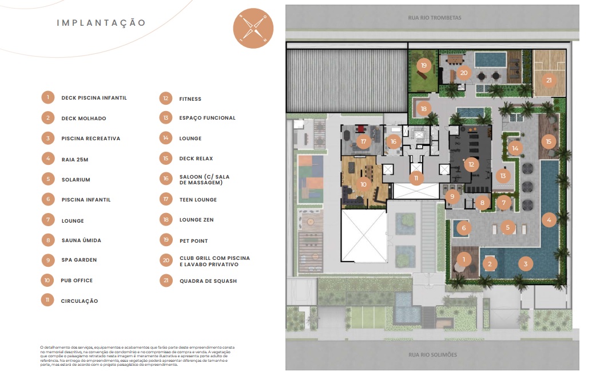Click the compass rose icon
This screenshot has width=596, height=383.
point(253,28)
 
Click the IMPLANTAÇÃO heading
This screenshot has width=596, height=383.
point(101,23)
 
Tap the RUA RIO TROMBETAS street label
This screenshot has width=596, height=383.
point(435,18)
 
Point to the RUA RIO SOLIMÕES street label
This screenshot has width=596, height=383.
point(432,354)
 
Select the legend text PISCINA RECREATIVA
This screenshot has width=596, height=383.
point(91,139)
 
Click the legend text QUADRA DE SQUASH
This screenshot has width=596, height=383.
point(208,281)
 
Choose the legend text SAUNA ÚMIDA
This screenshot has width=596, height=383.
point(81,240)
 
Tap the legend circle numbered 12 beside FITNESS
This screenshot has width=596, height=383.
point(166,98)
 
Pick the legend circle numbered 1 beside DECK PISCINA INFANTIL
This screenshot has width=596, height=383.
point(48,97)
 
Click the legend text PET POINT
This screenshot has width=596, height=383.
point(194,241)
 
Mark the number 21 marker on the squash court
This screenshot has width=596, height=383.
point(549,80)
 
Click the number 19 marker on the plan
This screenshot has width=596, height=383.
point(424,65)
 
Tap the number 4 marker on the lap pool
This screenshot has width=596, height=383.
point(549,219)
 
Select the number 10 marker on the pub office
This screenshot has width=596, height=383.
point(363,184)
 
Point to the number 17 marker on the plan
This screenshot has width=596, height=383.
point(363,141)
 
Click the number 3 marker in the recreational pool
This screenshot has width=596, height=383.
point(526,263)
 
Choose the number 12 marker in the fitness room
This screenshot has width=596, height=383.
point(471,164)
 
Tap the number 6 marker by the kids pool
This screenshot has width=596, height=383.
point(464,228)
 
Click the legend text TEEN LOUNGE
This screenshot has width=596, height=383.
point(198,200)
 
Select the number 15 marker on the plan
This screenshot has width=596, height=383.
point(549,141)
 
